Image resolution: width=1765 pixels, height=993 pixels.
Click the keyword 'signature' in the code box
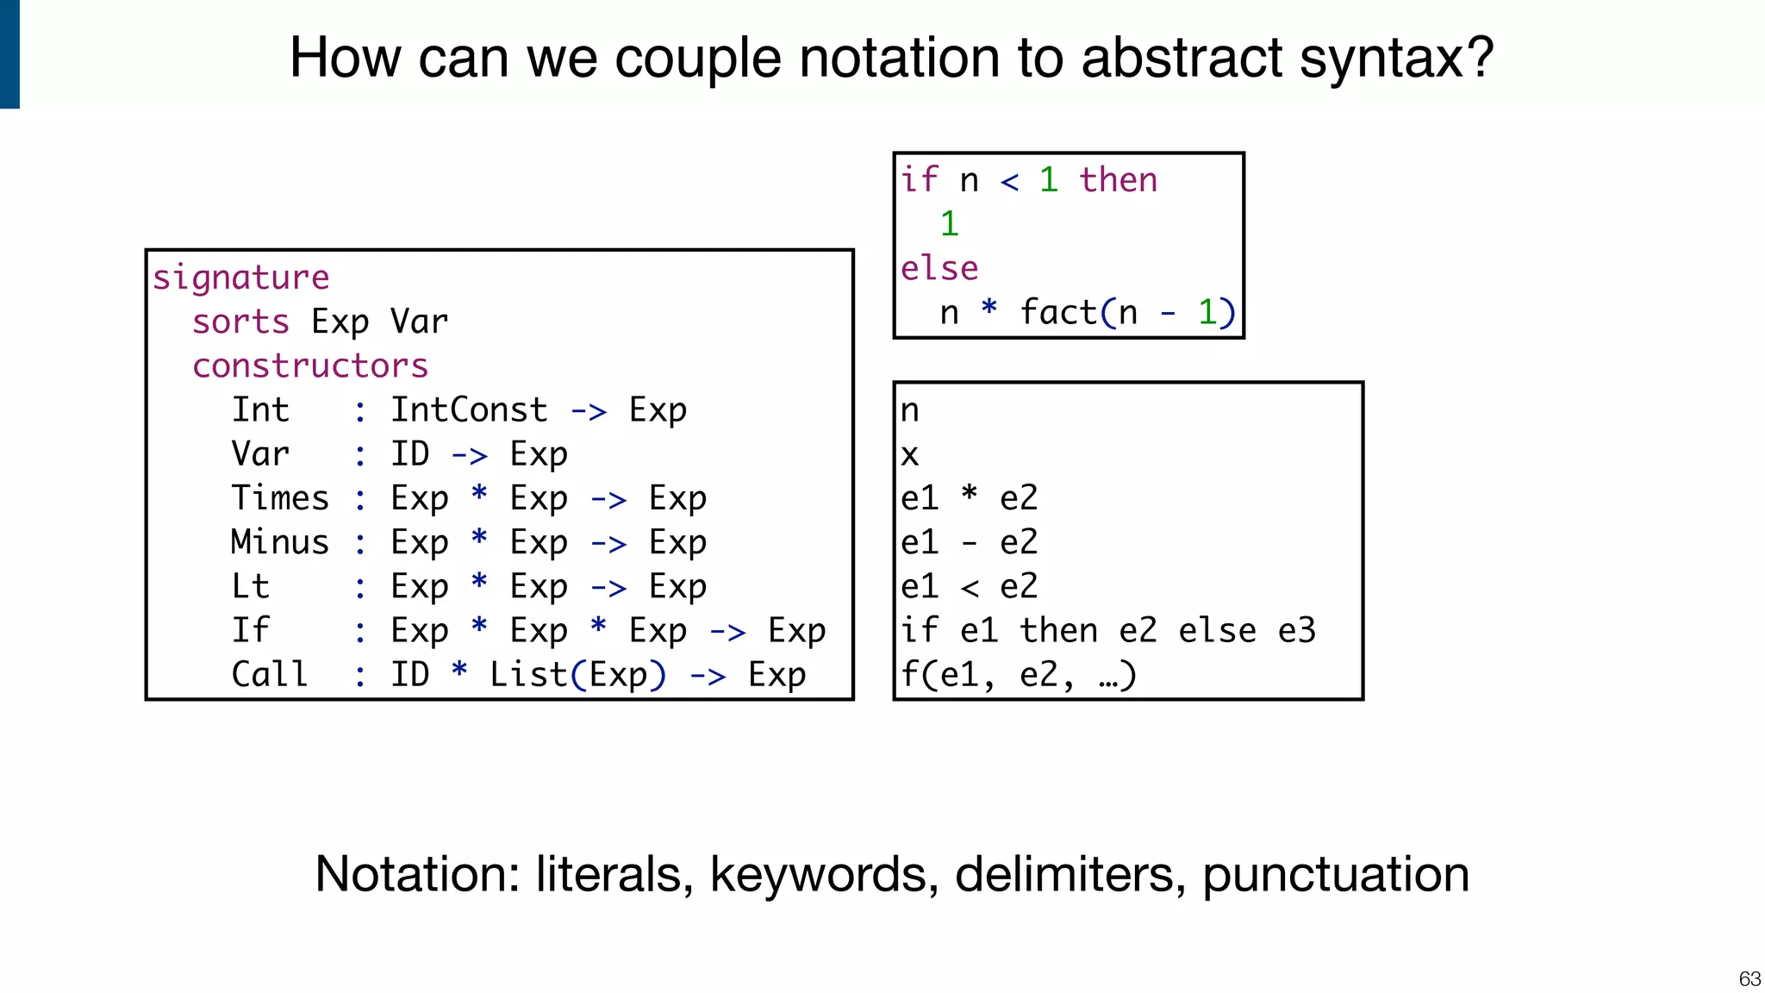coord(240,278)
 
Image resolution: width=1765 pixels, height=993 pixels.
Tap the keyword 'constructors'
coord(310,366)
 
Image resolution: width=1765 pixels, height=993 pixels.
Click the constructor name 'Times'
coord(280,498)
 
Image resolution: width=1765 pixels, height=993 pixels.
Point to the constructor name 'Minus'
coord(280,542)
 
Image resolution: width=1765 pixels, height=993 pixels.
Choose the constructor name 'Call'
coord(270,674)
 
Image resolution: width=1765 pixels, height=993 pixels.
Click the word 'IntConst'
coord(469,410)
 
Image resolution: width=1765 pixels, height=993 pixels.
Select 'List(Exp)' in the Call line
coord(577,674)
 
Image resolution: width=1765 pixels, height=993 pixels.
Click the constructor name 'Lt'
coord(251,586)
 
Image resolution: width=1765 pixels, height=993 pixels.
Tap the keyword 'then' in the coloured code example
coord(1118,180)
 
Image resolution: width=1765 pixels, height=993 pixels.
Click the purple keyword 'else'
coord(939,268)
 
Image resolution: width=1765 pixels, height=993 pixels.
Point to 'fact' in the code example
coord(1058,312)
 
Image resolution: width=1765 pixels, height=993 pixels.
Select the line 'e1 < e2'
coord(969,586)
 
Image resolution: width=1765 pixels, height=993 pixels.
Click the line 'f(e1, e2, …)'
coord(1019,674)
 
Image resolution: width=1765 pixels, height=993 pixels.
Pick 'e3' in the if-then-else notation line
coord(1297,630)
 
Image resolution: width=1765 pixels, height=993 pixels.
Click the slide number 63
coord(1749,979)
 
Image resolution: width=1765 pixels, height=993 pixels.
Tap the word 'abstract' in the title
coord(1182,58)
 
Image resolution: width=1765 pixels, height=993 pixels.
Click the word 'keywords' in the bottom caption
coord(824,874)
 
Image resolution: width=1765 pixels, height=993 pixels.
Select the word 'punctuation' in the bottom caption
coord(1335,874)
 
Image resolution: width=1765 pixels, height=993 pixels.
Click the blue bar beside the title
coord(9,53)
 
